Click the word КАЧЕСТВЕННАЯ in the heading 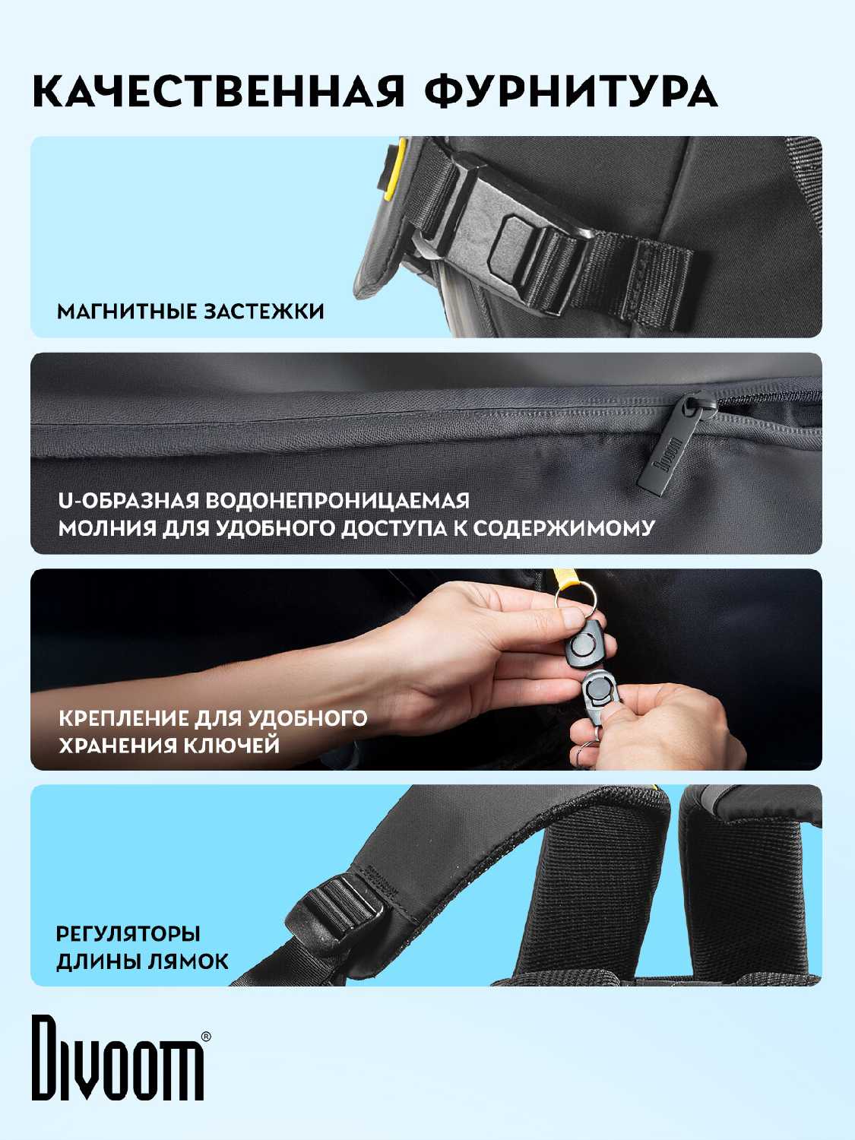(219, 92)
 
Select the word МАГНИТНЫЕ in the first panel (126, 312)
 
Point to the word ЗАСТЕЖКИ (264, 312)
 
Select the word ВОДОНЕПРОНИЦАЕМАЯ (337, 501)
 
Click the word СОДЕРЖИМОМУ (563, 528)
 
